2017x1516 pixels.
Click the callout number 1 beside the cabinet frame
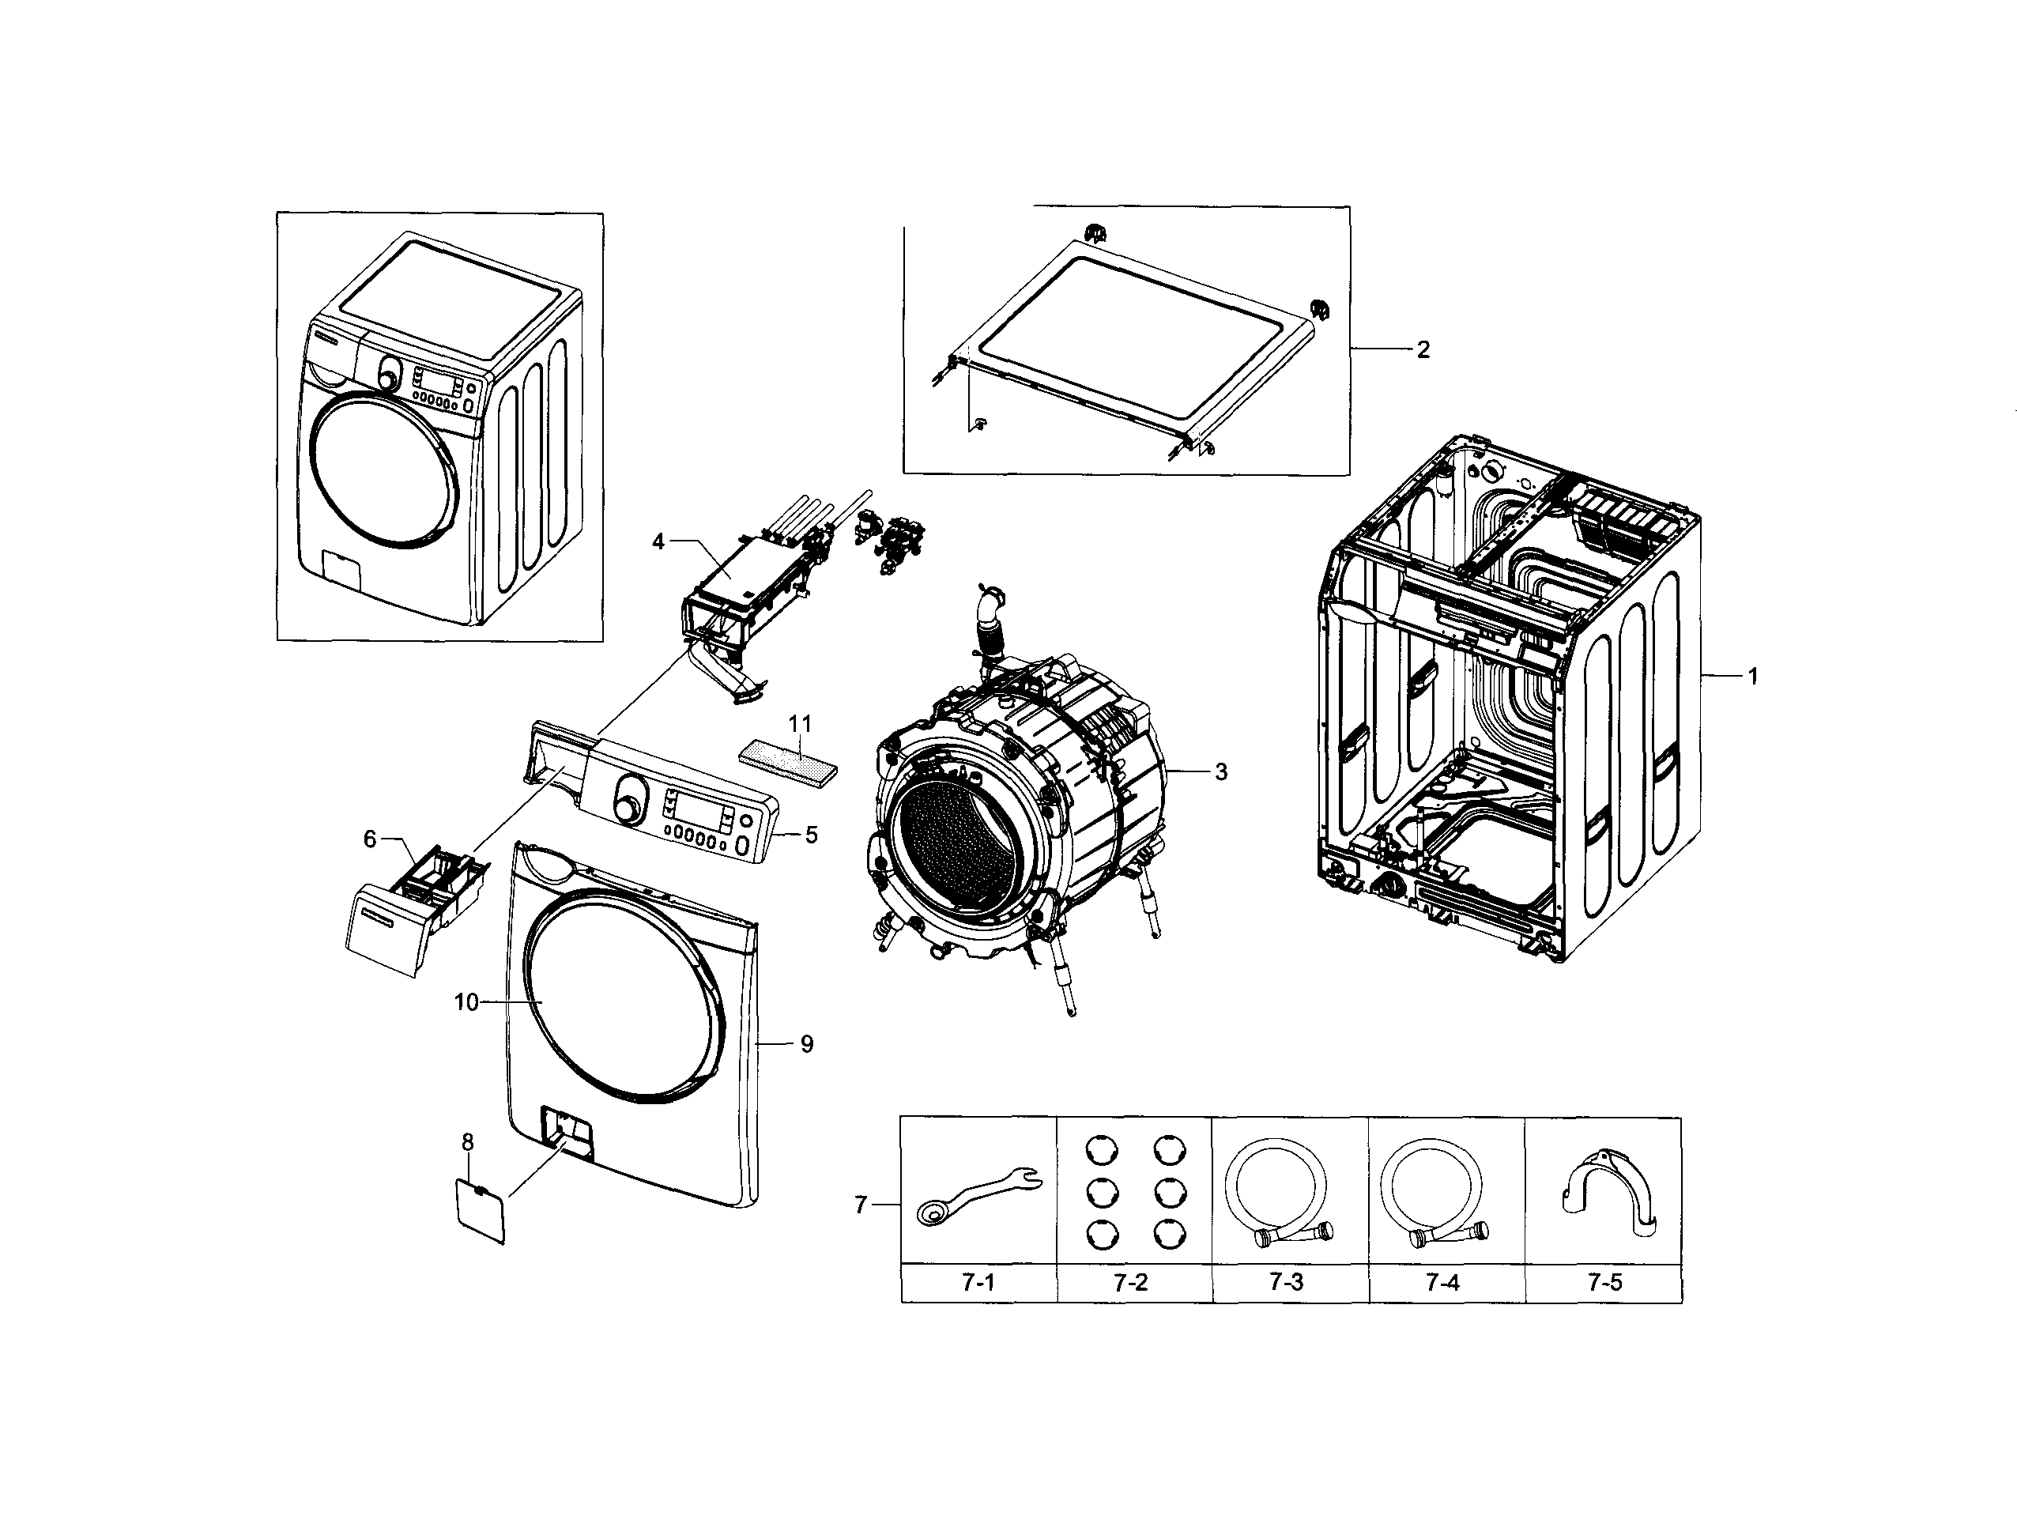[1751, 676]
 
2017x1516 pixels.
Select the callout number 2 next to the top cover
[1423, 349]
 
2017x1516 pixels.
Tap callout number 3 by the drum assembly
[1221, 771]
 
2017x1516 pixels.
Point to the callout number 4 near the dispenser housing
[658, 541]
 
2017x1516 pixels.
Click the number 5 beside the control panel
[811, 834]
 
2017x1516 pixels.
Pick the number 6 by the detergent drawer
[370, 839]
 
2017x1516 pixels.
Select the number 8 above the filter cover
[468, 1142]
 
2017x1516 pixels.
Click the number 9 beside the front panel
[806, 1043]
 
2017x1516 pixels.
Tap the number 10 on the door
[466, 1002]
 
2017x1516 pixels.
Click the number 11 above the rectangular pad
[800, 723]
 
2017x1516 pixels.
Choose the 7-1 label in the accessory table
[978, 1284]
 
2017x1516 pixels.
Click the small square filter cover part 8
[480, 1209]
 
